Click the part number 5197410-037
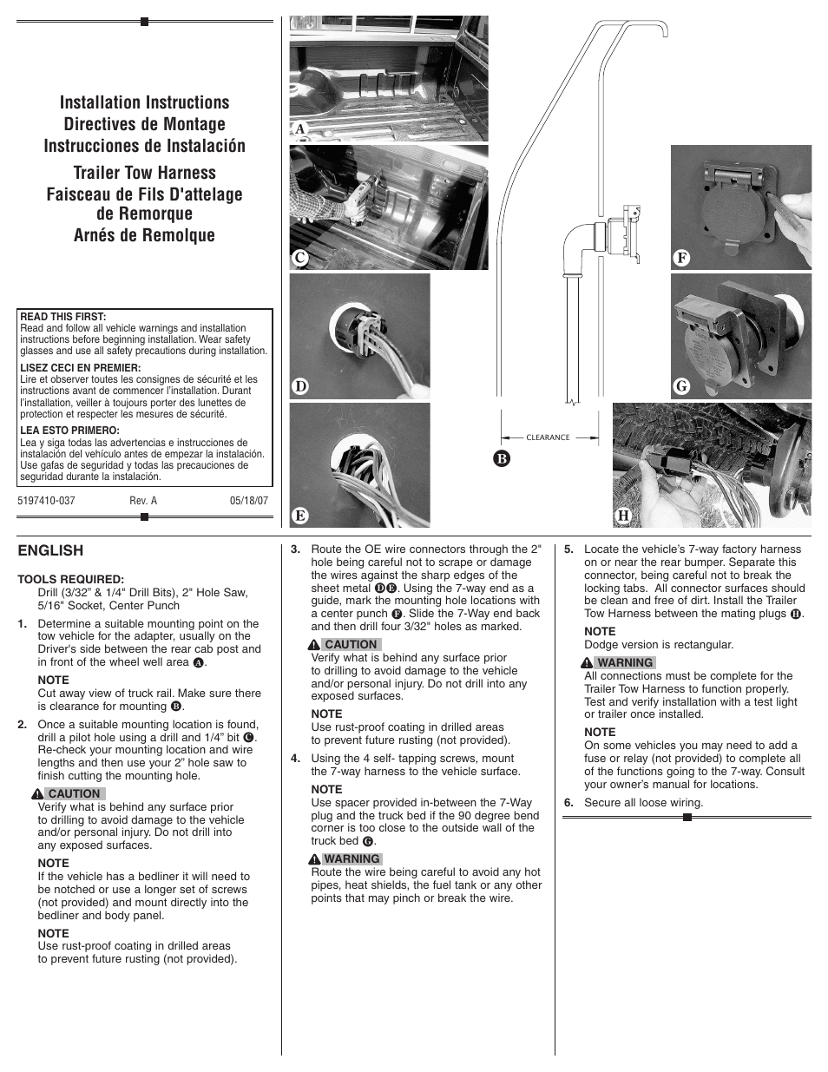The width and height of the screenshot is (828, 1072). tap(46, 501)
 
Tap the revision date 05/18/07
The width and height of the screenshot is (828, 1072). tap(248, 501)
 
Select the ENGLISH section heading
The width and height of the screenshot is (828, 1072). tap(50, 550)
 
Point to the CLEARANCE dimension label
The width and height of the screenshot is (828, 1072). tap(548, 437)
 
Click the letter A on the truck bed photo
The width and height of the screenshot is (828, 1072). tap(300, 129)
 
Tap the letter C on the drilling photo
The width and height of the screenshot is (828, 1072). tap(300, 258)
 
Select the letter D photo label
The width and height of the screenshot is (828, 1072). tap(300, 386)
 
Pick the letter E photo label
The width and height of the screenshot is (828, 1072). tap(300, 516)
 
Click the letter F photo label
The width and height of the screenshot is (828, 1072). tap(681, 258)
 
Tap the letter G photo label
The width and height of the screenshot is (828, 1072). tap(681, 386)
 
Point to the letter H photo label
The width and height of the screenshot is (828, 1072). tap(623, 516)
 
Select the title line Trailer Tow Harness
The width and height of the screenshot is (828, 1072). tap(144, 173)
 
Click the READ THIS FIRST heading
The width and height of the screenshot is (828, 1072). tap(62, 317)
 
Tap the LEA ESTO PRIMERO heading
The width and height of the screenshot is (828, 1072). tap(69, 431)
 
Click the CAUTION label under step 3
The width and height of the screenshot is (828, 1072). tap(350, 644)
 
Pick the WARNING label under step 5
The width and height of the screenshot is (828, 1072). tap(624, 662)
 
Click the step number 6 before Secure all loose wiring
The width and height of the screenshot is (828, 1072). tap(568, 803)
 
